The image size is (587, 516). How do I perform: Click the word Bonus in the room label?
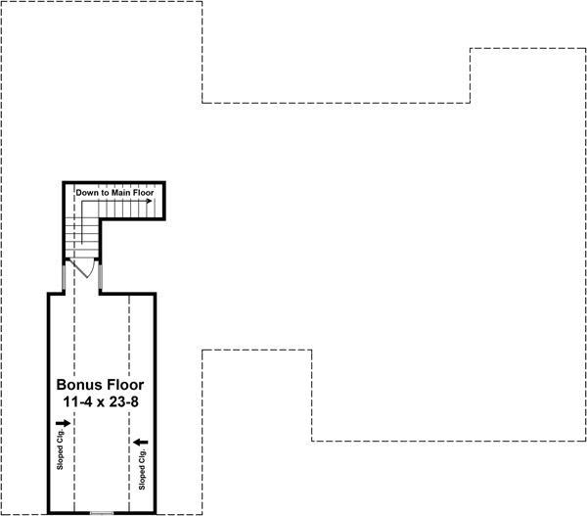point(79,385)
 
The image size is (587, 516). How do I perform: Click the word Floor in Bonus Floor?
point(127,385)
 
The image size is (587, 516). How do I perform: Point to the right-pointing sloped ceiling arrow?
point(64,424)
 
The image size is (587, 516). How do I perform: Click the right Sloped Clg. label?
point(143,469)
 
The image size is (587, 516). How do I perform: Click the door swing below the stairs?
point(86,267)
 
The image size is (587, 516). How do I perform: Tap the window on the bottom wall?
point(102,512)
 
